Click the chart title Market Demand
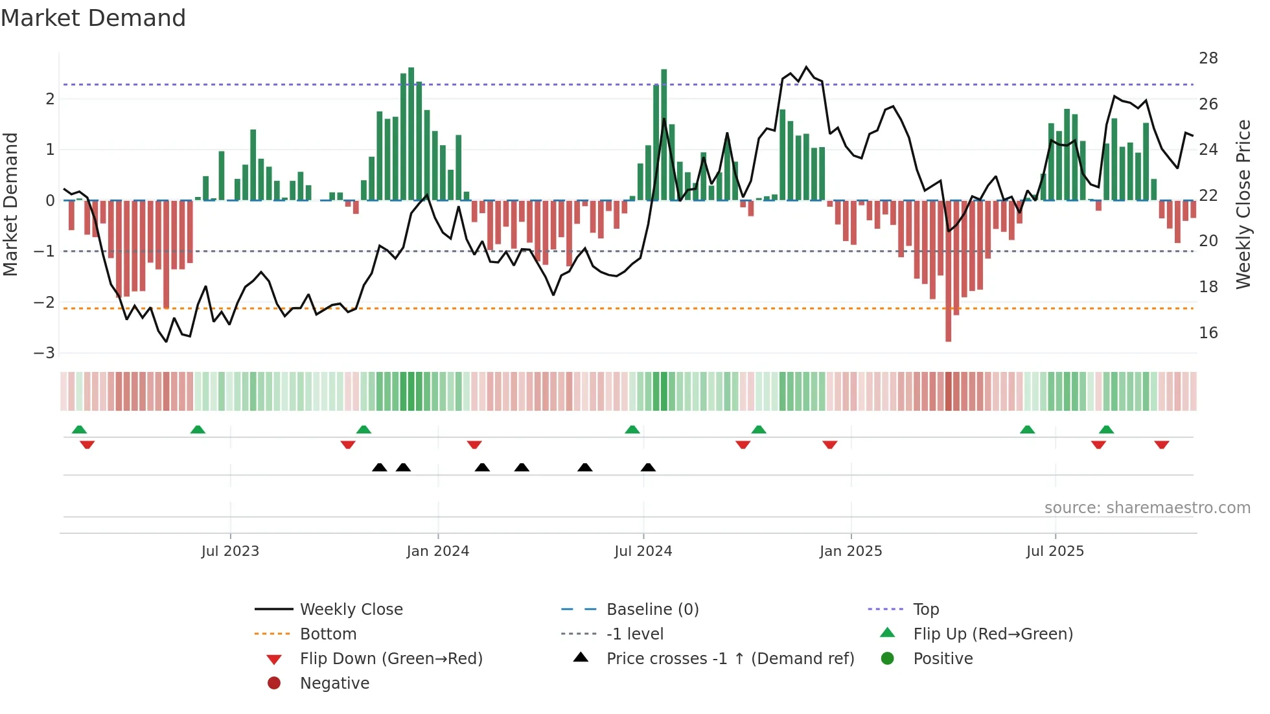point(93,18)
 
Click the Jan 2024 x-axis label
point(437,551)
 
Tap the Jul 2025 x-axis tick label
point(1054,551)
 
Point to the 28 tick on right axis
point(1208,58)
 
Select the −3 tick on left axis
point(44,353)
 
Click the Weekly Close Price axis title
point(1243,204)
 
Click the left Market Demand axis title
point(11,204)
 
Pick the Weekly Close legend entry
point(351,610)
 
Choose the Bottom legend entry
point(328,634)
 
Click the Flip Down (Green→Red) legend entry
point(391,659)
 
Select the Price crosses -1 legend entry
point(730,659)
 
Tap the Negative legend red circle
point(274,684)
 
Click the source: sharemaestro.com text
point(1147,508)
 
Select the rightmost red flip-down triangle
point(1161,445)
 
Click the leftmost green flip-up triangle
point(79,430)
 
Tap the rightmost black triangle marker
point(648,468)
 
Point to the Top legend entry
point(925,610)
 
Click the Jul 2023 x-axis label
point(230,551)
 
